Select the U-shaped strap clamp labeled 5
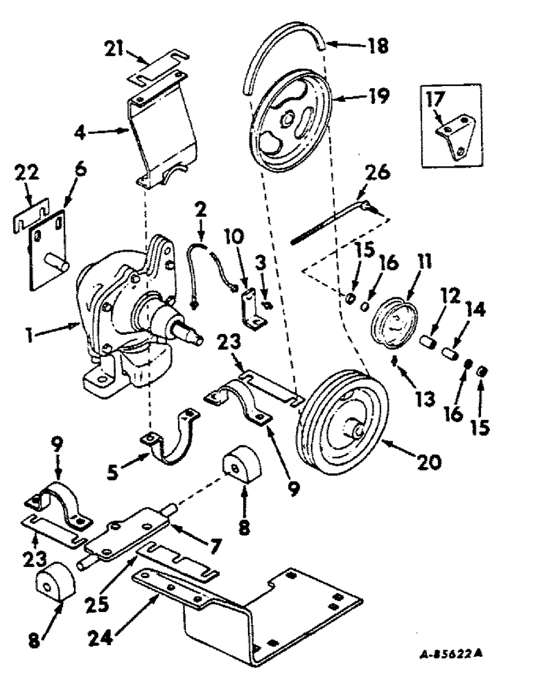coord(172,444)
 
